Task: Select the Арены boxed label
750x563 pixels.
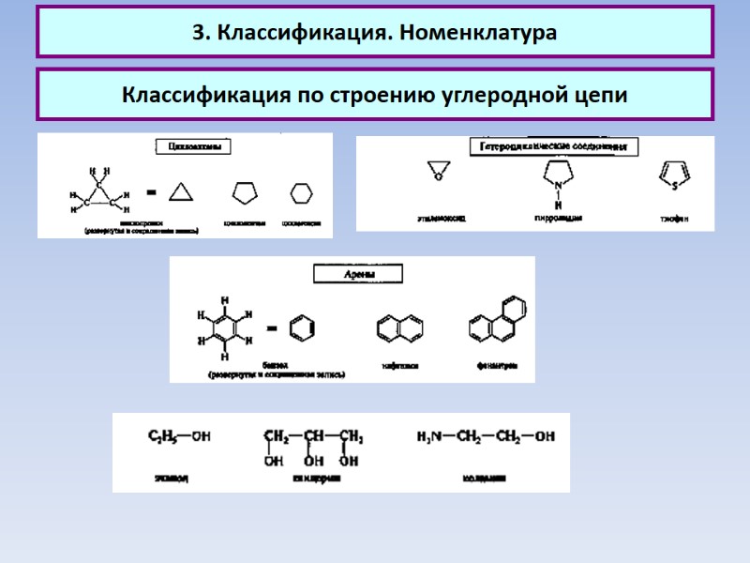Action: coord(357,273)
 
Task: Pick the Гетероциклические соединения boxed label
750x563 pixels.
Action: coord(552,147)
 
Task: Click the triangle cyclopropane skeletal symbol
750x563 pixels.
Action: coord(180,193)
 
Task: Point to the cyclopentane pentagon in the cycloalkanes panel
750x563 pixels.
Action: coord(245,192)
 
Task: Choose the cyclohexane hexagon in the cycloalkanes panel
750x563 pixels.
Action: coord(301,192)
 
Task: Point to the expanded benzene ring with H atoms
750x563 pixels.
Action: coord(223,328)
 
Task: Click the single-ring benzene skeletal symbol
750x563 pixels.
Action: coord(301,328)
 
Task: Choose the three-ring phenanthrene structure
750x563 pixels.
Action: coord(497,322)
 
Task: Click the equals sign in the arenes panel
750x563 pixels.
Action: coord(271,328)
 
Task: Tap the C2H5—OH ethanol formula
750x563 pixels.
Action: coord(179,436)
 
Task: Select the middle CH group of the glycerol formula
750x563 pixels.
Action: coord(312,436)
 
